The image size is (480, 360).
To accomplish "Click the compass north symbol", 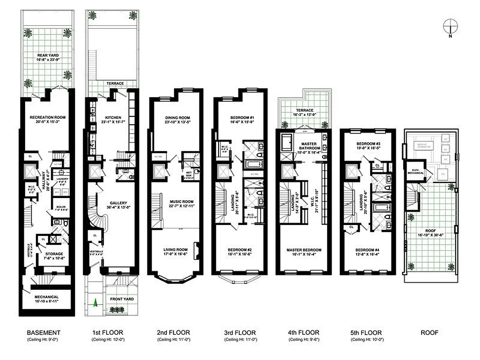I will click(x=450, y=25).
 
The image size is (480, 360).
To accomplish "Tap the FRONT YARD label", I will click(x=122, y=299).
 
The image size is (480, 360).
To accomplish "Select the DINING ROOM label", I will click(x=177, y=118).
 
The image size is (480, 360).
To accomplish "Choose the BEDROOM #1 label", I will click(x=240, y=117).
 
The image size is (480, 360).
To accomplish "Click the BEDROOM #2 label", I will click(x=239, y=250).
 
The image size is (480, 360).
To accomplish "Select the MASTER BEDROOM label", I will click(x=304, y=250).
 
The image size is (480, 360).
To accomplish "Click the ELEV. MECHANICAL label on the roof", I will click(x=413, y=171).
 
